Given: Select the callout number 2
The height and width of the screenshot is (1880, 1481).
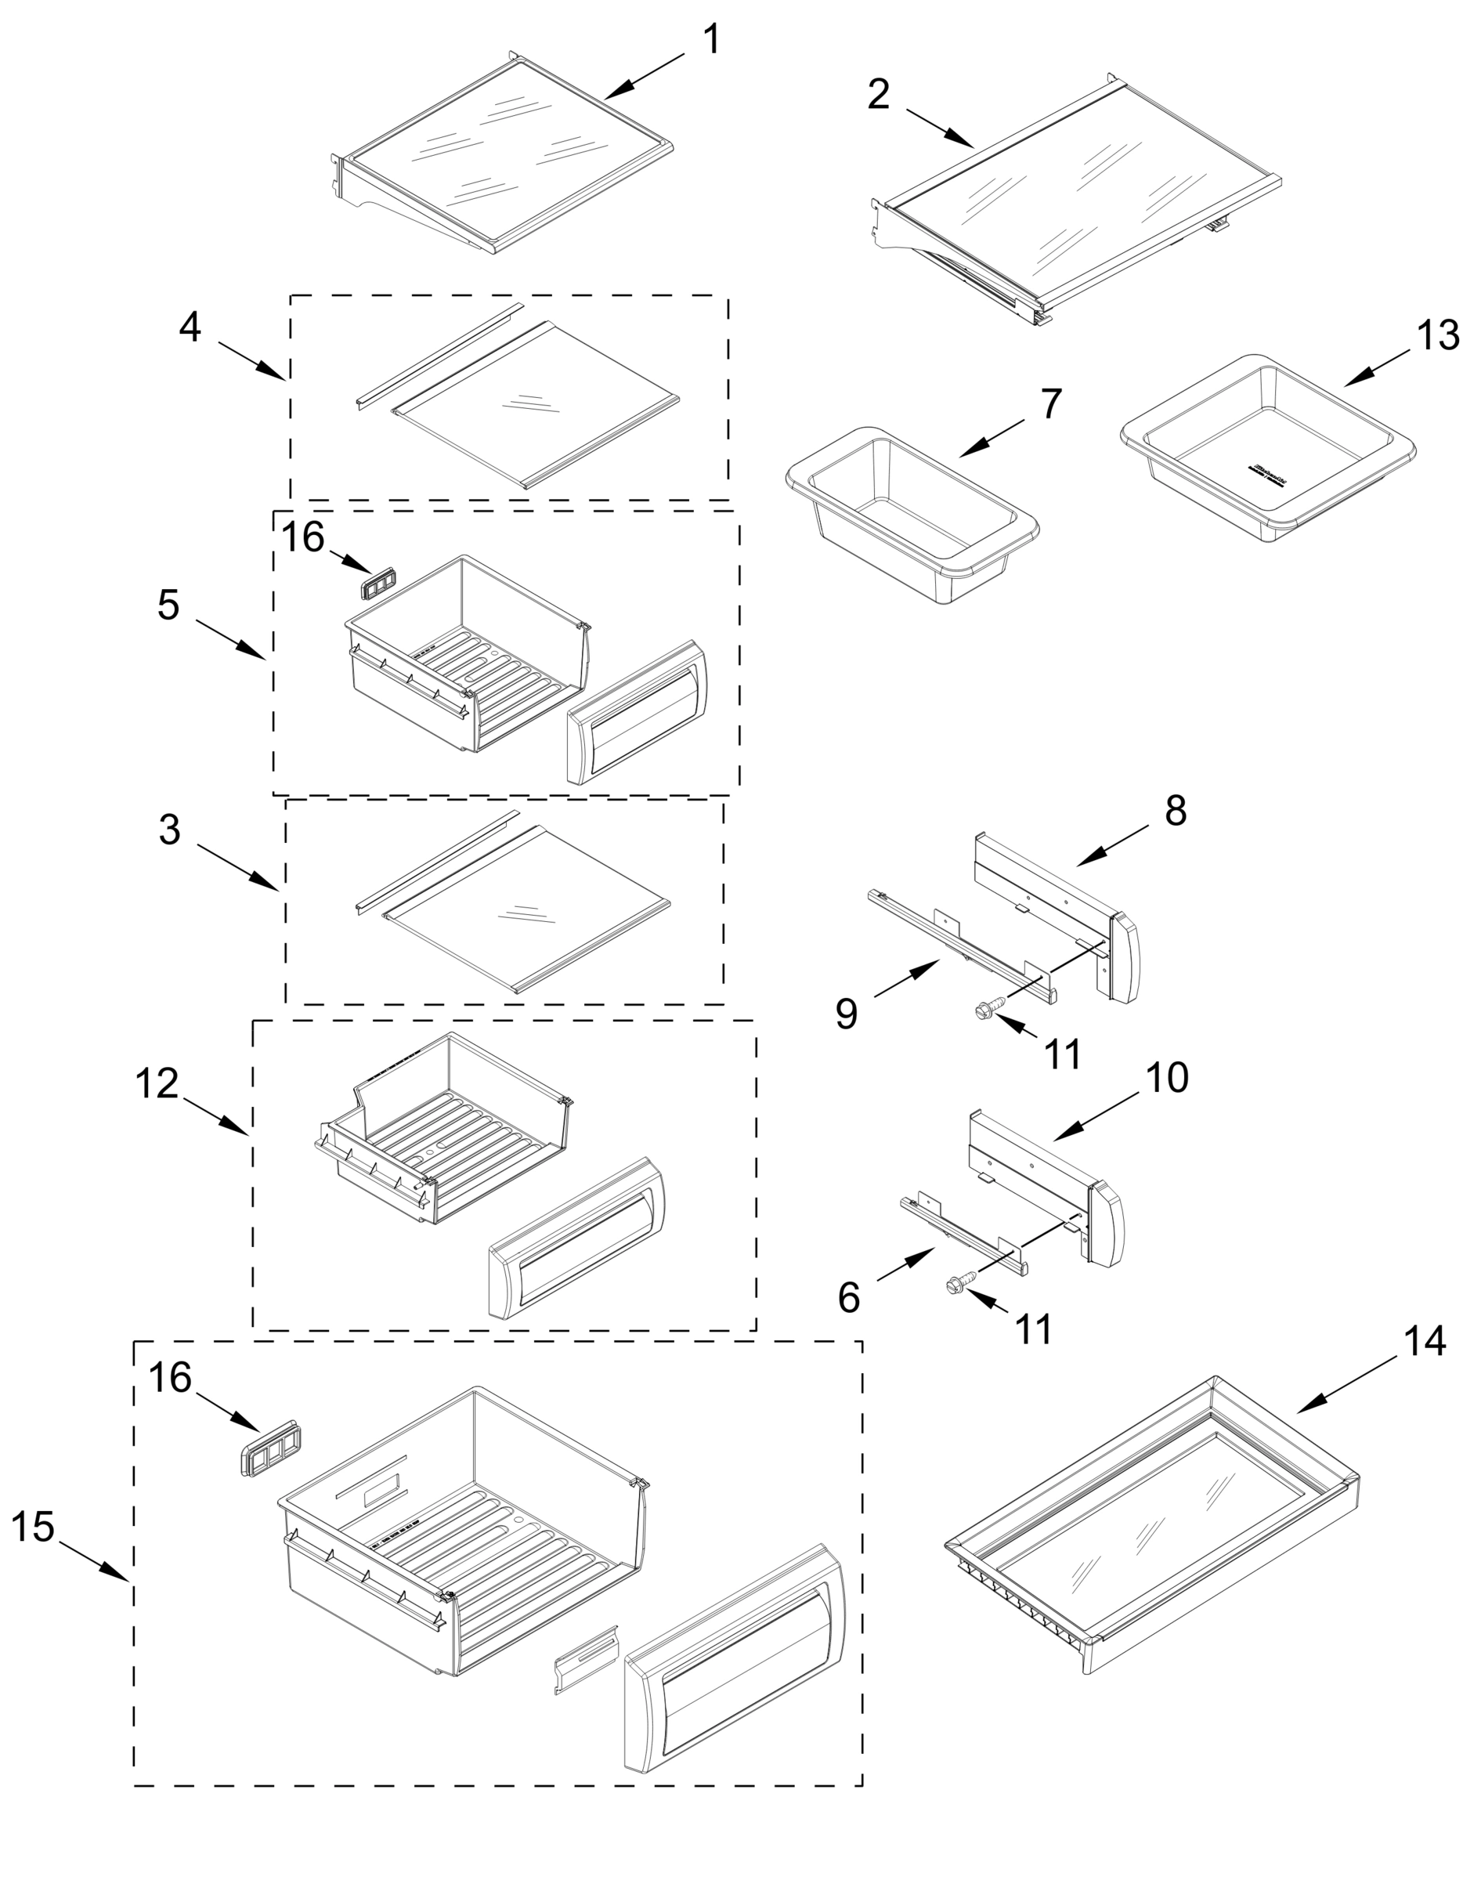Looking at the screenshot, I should click(x=879, y=94).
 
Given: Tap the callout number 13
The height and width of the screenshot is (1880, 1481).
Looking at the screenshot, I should click(x=1438, y=334).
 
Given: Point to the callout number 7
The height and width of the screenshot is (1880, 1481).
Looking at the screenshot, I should click(x=1049, y=403).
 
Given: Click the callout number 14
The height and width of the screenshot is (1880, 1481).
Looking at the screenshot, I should click(x=1425, y=1340).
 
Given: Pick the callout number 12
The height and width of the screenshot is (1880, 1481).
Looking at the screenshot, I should click(x=157, y=1084).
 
